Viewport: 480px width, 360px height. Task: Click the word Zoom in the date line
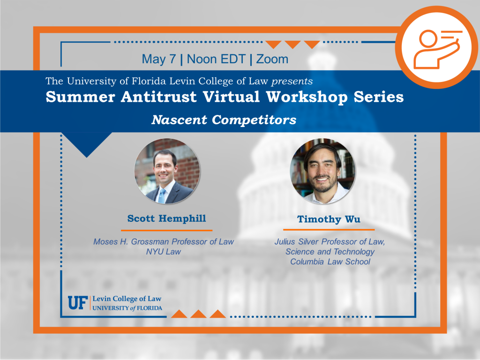point(272,59)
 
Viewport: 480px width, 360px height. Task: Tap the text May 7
point(158,60)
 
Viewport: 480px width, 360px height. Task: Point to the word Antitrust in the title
point(158,97)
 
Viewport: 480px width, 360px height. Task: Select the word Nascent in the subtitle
point(179,120)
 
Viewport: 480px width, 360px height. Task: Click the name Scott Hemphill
point(166,218)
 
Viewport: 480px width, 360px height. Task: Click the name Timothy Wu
point(329,219)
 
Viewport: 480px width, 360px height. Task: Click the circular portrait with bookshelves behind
point(322,171)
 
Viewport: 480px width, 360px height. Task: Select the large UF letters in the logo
point(78,303)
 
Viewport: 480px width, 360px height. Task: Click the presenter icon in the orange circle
point(437,49)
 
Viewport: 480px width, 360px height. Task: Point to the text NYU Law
point(164,252)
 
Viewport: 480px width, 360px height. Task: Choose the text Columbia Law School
point(330,262)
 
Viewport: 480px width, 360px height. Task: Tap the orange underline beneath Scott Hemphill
point(166,230)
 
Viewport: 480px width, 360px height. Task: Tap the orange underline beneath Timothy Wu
point(329,230)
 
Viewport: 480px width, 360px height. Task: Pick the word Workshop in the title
point(307,97)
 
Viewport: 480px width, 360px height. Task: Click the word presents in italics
point(292,82)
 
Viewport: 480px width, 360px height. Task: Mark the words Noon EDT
point(216,59)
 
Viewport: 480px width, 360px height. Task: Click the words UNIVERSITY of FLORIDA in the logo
point(127,308)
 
